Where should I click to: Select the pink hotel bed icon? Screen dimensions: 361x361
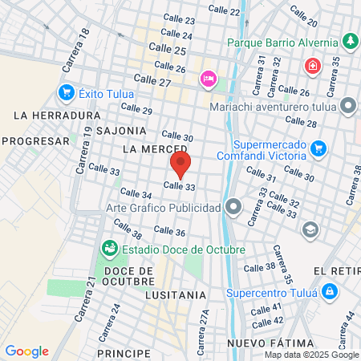tap(208, 77)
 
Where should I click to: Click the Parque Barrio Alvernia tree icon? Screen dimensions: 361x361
tap(349, 41)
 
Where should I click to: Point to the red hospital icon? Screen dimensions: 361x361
tap(310, 65)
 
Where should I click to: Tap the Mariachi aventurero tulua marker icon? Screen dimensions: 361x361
tap(348, 106)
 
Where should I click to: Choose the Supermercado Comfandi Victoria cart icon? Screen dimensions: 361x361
tap(318, 148)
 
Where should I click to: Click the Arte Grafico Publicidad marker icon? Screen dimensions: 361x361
tap(233, 208)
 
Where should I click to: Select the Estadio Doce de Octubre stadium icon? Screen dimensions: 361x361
tap(109, 249)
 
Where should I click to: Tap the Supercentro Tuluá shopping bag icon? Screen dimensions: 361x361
tap(329, 291)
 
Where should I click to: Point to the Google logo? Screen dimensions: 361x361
tap(26, 351)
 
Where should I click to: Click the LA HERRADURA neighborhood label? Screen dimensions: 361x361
tap(57, 116)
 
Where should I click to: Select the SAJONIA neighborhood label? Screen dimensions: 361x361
tap(121, 130)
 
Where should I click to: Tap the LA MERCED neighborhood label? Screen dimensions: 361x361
tap(155, 149)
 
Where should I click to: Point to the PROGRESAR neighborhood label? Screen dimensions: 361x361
tap(37, 140)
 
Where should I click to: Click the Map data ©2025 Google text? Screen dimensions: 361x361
tap(311, 355)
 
